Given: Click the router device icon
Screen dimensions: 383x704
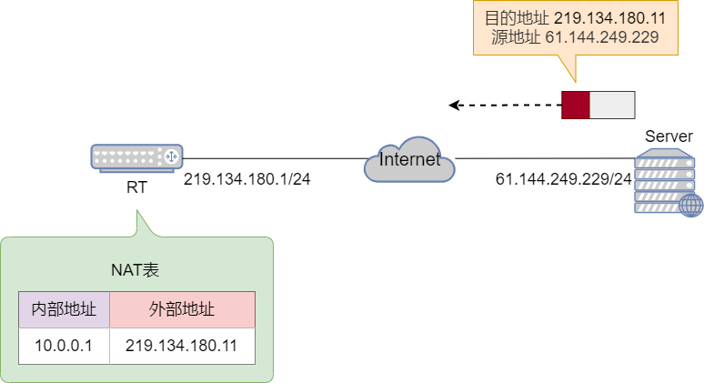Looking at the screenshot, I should tap(136, 158).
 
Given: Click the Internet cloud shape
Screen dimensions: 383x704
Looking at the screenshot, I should tap(408, 161).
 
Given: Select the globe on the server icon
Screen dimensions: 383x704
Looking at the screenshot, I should tap(690, 205).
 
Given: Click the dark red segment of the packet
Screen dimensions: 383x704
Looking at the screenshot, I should tap(575, 105).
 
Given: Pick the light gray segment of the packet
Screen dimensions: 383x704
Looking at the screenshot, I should tap(611, 105).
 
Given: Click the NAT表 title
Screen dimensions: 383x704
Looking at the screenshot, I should tap(136, 269).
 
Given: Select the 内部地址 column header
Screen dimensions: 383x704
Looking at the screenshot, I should tap(64, 309).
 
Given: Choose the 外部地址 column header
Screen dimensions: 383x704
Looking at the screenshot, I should tap(182, 309).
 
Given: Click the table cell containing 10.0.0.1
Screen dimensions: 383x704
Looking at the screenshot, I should tap(64, 346).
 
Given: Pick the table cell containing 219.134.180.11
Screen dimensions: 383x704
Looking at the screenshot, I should tap(182, 346).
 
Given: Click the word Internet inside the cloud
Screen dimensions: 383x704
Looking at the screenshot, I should tap(409, 160).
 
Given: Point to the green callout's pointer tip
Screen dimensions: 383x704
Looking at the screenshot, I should tap(137, 211).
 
